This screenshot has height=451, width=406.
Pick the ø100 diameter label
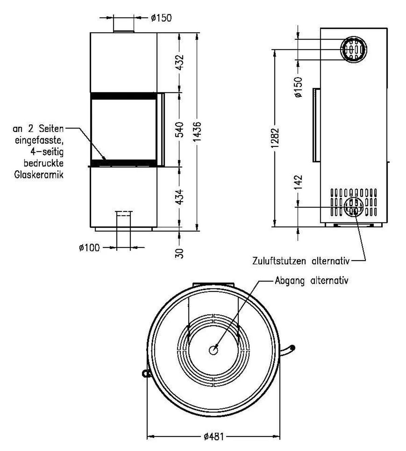click(x=89, y=248)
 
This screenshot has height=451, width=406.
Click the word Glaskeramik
click(x=39, y=175)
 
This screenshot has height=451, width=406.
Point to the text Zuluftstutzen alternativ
click(x=301, y=261)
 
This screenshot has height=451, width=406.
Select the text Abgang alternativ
click(x=311, y=281)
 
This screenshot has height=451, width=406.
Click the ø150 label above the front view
click(x=161, y=18)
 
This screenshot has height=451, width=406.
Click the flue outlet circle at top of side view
click(x=353, y=49)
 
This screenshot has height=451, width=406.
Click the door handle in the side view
click(x=316, y=125)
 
